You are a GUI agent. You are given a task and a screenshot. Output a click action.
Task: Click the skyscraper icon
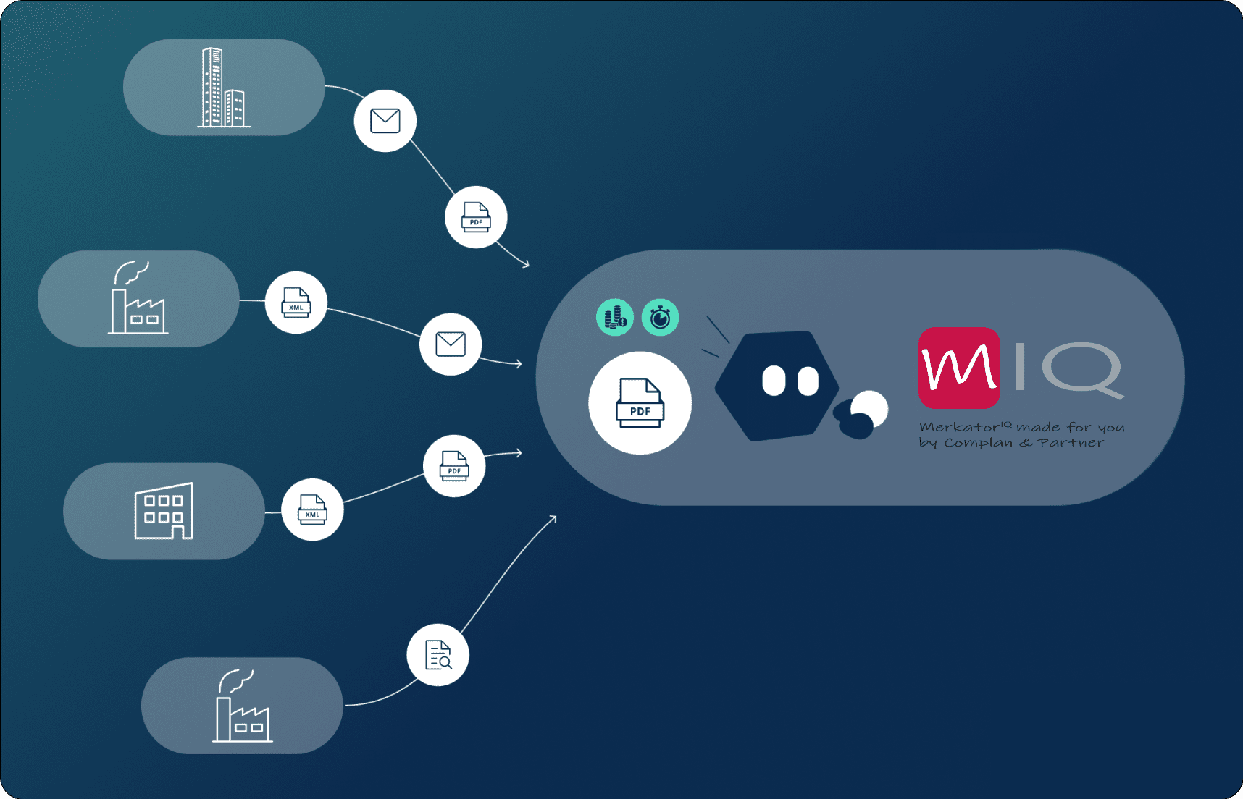223,88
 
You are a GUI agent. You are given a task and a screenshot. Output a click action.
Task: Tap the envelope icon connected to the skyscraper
385,121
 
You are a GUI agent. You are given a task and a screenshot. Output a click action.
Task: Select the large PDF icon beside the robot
640,403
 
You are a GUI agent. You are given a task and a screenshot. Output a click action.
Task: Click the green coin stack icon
615,317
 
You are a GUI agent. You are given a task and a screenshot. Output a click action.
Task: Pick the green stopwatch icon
660,317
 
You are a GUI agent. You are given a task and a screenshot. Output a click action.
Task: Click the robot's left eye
774,381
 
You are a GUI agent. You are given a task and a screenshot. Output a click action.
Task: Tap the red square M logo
959,368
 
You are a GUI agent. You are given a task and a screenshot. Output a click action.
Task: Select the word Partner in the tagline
1071,443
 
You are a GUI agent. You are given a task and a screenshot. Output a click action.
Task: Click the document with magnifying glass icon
438,655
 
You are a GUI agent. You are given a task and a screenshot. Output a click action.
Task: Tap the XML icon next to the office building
312,510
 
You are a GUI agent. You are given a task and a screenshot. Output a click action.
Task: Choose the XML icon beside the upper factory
296,303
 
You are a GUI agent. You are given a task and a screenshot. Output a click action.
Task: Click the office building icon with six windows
164,511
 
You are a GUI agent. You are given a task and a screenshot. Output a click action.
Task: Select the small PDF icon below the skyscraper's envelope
476,217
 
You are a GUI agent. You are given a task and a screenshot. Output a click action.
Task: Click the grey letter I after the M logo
1020,366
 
